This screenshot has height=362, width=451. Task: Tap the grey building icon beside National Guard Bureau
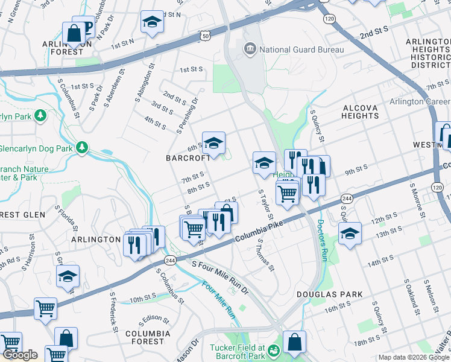(249, 49)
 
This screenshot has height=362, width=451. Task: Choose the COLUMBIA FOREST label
(145, 337)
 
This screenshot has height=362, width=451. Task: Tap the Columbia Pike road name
(260, 229)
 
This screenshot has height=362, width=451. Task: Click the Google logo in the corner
(20, 354)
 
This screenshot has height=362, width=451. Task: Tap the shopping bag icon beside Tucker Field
(294, 343)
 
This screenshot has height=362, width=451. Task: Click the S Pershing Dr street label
(187, 116)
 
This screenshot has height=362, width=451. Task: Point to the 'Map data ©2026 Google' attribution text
(413, 357)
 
